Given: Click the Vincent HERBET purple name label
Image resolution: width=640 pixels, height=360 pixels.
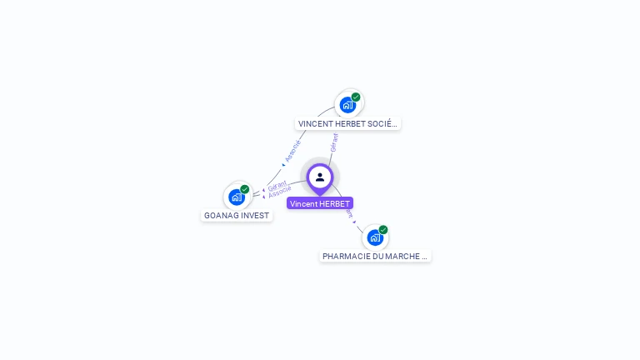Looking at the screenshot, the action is (320, 203).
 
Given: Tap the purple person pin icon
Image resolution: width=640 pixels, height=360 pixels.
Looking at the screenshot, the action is (320, 177).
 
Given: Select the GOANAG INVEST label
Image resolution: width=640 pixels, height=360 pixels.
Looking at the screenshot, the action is (237, 215).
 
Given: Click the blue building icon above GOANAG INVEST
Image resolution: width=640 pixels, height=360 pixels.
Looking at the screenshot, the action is (237, 197).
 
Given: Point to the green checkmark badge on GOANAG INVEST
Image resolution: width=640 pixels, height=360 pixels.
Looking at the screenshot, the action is (245, 189).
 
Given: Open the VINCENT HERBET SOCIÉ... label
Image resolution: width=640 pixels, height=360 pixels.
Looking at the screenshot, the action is (348, 123).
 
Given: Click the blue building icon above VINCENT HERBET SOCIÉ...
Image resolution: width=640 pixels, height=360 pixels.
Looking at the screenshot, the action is (347, 105).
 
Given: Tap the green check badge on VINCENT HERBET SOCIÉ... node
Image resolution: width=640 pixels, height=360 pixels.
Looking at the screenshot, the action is (356, 97).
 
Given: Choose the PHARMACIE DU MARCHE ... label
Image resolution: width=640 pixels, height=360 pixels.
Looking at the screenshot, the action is (375, 256).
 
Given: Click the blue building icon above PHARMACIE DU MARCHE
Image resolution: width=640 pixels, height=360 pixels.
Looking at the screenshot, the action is (375, 237).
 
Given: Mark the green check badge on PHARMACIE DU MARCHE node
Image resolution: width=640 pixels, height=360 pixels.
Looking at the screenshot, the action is (383, 229).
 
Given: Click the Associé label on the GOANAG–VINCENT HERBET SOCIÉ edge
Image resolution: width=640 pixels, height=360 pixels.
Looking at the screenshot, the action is (292, 150).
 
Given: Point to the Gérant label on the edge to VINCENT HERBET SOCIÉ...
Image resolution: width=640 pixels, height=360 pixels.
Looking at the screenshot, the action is (334, 142).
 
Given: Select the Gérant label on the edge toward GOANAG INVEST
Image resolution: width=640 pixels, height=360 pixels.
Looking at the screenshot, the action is (277, 185).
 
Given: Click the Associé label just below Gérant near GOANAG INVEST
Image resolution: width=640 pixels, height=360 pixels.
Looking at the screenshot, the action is (279, 192).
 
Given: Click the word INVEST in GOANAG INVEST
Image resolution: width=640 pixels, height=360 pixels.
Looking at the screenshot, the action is (255, 215).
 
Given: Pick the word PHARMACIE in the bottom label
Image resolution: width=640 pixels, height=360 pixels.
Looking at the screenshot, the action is (342, 256).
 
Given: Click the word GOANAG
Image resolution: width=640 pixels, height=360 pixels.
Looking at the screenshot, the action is (221, 215).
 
